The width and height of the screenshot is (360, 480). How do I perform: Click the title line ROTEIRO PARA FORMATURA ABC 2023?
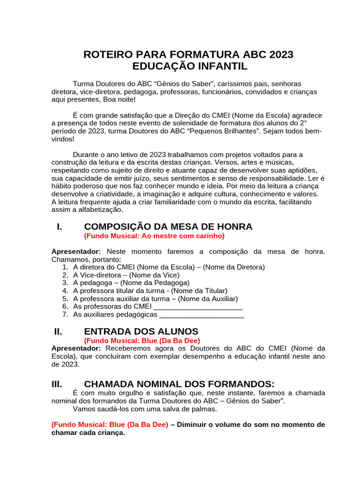pyautogui.click(x=188, y=54)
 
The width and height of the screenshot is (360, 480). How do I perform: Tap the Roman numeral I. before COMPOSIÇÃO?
pyautogui.click(x=60, y=227)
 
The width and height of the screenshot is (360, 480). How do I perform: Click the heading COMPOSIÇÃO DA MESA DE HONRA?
pyautogui.click(x=168, y=227)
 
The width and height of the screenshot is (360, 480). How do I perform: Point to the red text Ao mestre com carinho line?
pyautogui.click(x=154, y=236)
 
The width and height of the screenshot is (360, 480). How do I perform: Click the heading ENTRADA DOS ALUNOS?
pyautogui.click(x=141, y=331)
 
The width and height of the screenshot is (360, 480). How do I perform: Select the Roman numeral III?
pyautogui.click(x=57, y=383)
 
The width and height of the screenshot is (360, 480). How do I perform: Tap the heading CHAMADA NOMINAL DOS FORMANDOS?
pyautogui.click(x=179, y=383)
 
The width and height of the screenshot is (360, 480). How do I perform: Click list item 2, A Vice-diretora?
pyautogui.click(x=126, y=275)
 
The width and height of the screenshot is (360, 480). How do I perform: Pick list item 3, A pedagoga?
pyautogui.click(x=131, y=283)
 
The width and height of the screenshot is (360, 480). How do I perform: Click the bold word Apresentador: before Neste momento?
pyautogui.click(x=76, y=252)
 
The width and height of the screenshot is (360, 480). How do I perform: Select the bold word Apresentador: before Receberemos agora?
pyautogui.click(x=76, y=348)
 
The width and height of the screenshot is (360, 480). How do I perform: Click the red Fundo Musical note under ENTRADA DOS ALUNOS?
pyautogui.click(x=142, y=340)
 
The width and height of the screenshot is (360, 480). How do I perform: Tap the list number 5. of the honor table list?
pyautogui.click(x=66, y=299)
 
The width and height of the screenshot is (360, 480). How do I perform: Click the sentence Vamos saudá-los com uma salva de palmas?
pyautogui.click(x=145, y=409)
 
